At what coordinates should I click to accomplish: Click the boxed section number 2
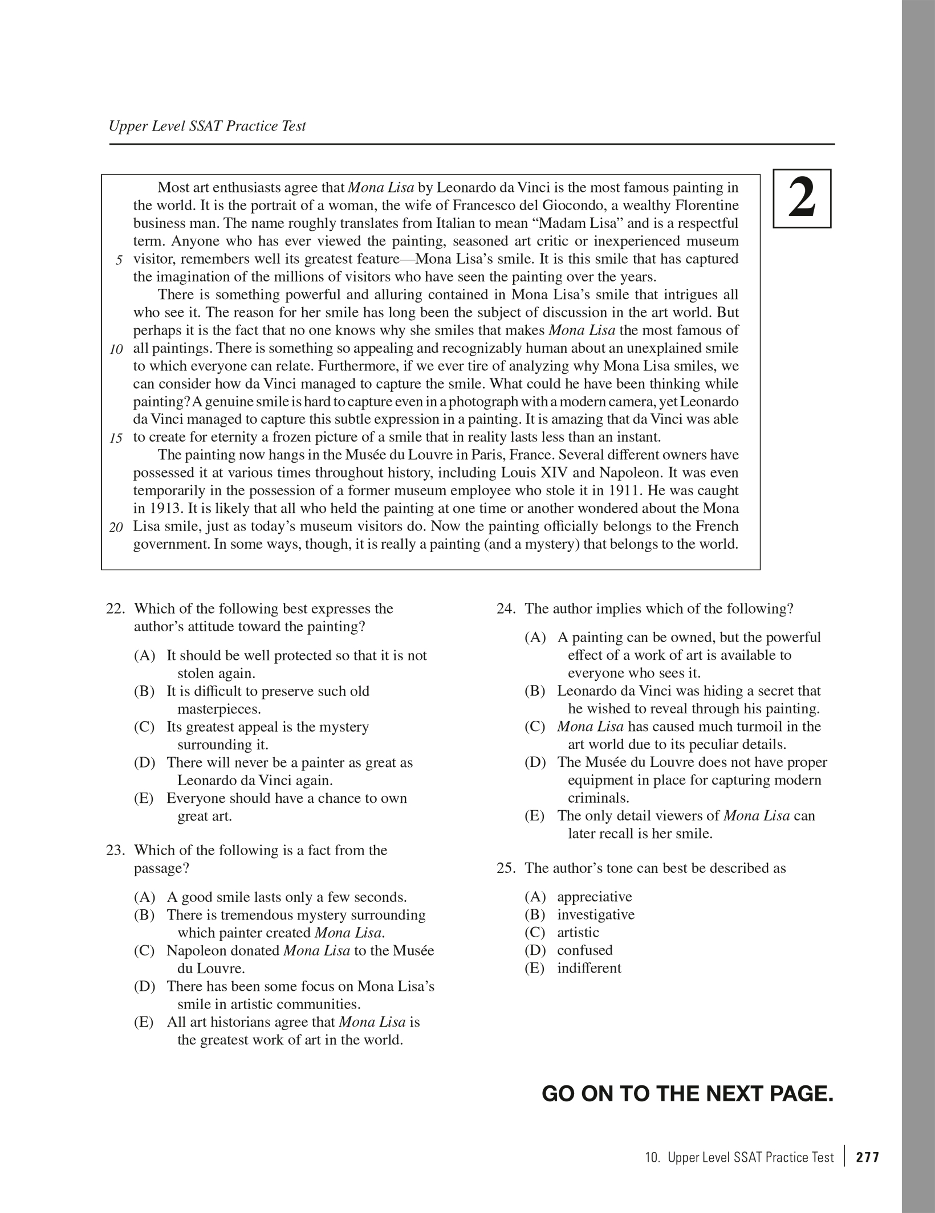tap(802, 199)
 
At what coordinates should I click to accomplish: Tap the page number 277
tap(868, 1157)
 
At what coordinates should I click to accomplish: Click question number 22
tap(115, 609)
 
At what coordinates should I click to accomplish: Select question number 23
tap(115, 851)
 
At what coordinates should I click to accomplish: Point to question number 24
tap(506, 609)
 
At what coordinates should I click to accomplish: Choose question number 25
tap(506, 868)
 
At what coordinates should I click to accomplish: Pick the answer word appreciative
tap(594, 897)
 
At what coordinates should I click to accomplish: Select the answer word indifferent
tap(589, 968)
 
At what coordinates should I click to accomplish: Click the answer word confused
tap(584, 950)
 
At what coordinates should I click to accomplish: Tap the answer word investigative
tap(595, 914)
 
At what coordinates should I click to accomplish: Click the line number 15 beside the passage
tap(116, 438)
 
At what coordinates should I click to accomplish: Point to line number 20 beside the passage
tap(116, 528)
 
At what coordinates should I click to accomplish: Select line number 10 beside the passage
tap(116, 349)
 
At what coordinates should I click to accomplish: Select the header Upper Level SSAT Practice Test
tap(207, 126)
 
